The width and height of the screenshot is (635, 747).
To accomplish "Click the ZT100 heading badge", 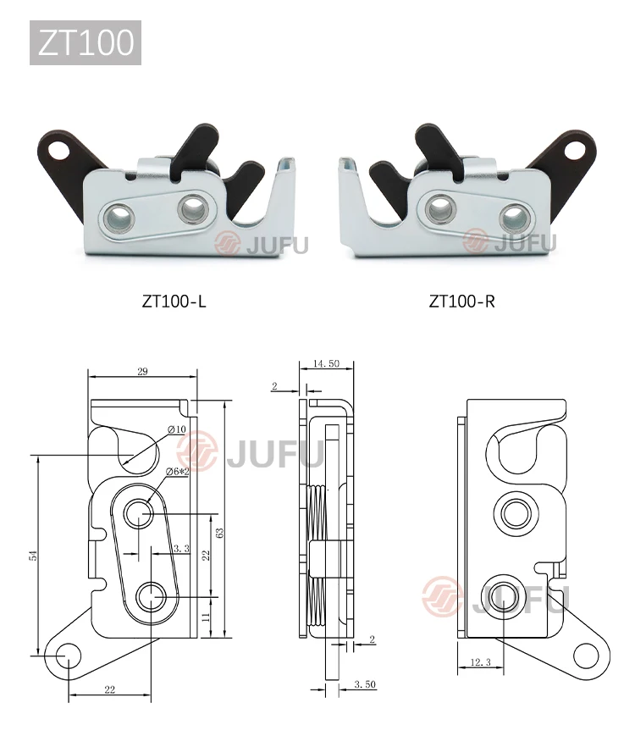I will pyautogui.click(x=86, y=42).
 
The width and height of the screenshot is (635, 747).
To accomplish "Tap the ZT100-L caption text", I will pyautogui.click(x=174, y=301).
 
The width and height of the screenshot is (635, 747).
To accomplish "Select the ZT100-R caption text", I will pyautogui.click(x=461, y=301).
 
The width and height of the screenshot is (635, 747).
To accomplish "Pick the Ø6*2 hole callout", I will pyautogui.click(x=177, y=470).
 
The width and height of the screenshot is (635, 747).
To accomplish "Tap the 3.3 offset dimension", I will pyautogui.click(x=180, y=549).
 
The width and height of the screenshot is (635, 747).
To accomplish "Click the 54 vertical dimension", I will pyautogui.click(x=33, y=555).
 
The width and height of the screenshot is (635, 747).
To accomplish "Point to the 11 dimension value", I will pyautogui.click(x=206, y=618).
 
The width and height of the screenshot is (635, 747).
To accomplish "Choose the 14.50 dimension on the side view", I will pyautogui.click(x=326, y=363).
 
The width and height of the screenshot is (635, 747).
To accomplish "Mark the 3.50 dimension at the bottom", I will pyautogui.click(x=364, y=683).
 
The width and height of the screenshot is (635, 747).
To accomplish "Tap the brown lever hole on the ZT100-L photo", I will pyautogui.click(x=60, y=150).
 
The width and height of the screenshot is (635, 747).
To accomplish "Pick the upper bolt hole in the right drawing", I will pyautogui.click(x=514, y=512).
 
